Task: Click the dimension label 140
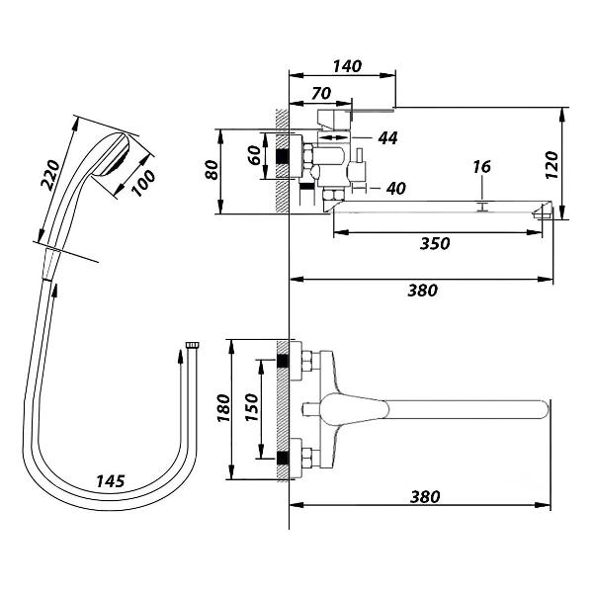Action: tap(347, 66)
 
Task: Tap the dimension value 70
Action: tap(321, 93)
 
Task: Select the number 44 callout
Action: tap(387, 138)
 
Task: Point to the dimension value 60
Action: tap(256, 155)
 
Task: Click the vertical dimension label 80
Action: tap(212, 170)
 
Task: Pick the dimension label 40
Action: tap(396, 188)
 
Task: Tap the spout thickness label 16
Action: tap(482, 167)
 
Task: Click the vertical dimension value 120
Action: tap(552, 165)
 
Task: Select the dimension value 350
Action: tap(435, 243)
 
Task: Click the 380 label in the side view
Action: tap(422, 291)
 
